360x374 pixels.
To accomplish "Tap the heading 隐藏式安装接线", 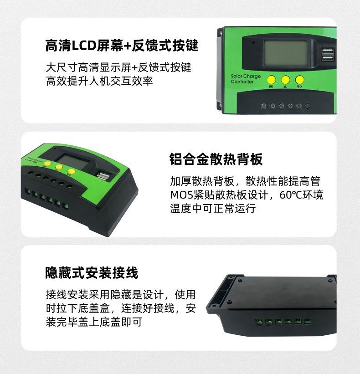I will (x=92, y=273).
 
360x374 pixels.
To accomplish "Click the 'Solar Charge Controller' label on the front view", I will (x=246, y=79).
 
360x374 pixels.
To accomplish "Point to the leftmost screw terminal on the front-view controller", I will (x=263, y=106).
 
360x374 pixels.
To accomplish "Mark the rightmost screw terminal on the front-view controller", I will (x=308, y=106).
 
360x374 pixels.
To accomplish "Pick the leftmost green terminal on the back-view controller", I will (x=258, y=322).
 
